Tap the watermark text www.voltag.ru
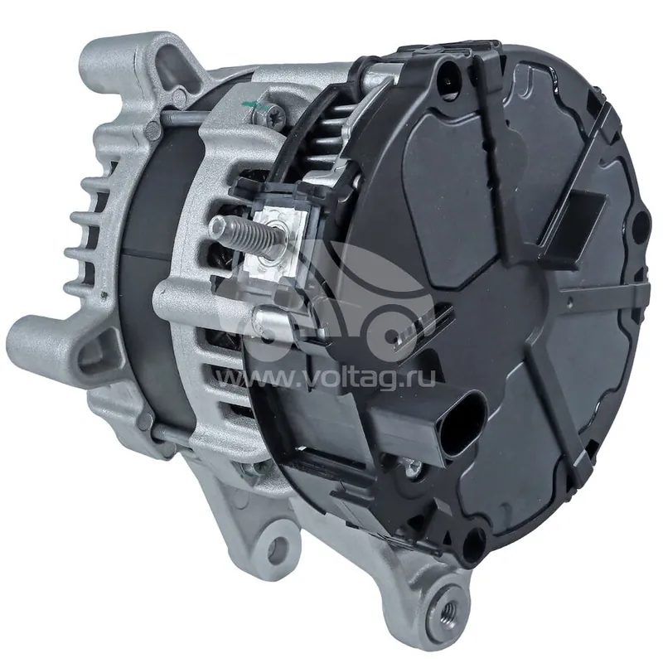325,379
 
